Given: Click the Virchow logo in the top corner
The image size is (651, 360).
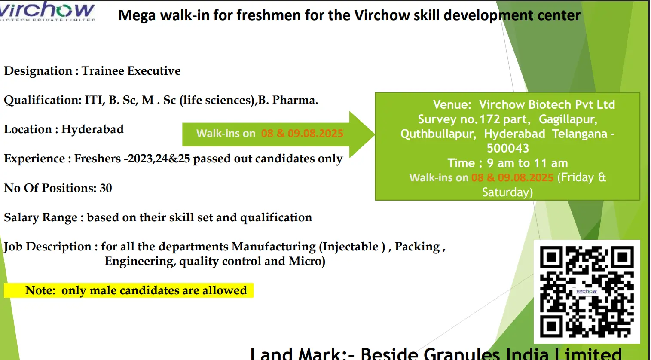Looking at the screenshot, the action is pos(47,12).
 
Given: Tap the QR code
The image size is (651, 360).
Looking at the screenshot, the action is pos(587,291).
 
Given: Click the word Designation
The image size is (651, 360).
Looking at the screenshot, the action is pos(38,71).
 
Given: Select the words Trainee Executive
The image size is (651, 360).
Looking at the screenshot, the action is pos(131,71).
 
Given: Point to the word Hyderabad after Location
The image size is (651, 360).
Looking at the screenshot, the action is pos(92,129).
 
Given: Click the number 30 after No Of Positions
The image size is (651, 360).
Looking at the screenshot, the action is pos(106,188).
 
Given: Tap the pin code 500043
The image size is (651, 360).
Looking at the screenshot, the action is pos(508,148).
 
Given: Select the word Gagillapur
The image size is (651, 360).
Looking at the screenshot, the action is pos(568,119).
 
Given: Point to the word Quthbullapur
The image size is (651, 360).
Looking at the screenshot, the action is pos(438,134).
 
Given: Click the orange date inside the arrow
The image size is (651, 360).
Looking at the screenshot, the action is pos(302,133).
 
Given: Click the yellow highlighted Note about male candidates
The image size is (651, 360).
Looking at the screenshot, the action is pos(128,290).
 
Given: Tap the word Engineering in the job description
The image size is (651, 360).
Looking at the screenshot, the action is pos(141,261).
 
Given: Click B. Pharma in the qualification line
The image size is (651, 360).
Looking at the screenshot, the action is pos(288,100).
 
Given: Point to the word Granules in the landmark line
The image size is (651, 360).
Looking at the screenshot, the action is pos(462,354).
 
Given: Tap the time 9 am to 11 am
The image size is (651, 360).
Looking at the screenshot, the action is pos(527,163).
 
